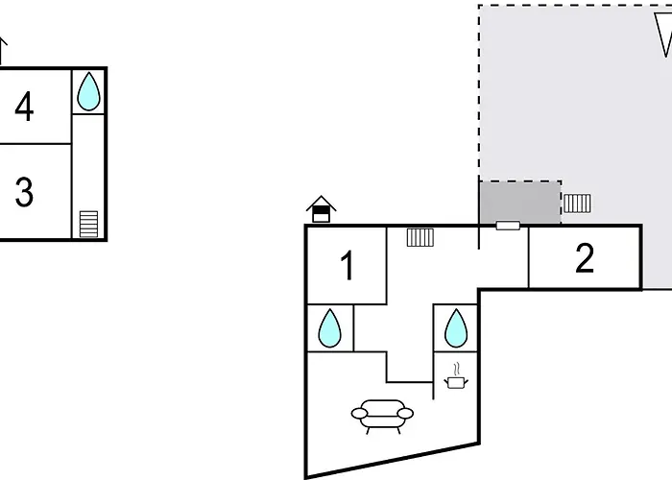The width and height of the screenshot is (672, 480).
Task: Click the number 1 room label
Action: [348, 266]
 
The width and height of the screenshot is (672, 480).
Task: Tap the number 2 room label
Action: [585, 257]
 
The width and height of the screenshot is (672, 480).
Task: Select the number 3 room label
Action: [24, 192]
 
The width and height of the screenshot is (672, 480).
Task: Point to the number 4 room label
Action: [24, 107]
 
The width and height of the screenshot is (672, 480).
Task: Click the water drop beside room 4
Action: [88, 92]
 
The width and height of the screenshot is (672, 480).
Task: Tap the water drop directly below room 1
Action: [329, 327]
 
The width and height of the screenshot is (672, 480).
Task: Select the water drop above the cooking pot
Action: [455, 327]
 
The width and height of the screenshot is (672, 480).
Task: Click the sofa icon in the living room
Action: [383, 414]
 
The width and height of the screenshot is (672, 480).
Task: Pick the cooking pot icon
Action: [455, 382]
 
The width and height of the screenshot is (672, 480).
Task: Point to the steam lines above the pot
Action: [456, 367]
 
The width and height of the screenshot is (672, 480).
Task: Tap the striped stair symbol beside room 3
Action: [88, 224]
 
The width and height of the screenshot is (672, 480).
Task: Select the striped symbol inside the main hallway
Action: [420, 236]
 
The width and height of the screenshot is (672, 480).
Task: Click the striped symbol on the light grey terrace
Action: [577, 204]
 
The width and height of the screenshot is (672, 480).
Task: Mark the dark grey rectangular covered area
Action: [519, 202]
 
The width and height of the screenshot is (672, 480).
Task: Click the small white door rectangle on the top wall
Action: [508, 226]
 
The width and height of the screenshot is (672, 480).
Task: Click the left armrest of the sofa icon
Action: [359, 414]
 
